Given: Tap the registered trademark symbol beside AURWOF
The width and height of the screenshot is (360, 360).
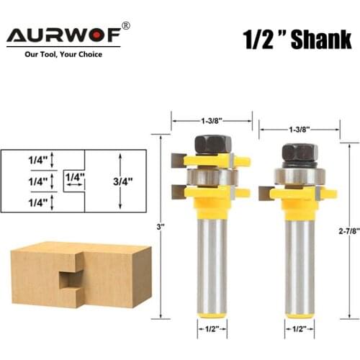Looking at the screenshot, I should coord(126,26).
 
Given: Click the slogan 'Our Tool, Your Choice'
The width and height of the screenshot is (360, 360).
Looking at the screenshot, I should coord(63,54).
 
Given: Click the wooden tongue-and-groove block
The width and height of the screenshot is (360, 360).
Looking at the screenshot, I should coord(78,274).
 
